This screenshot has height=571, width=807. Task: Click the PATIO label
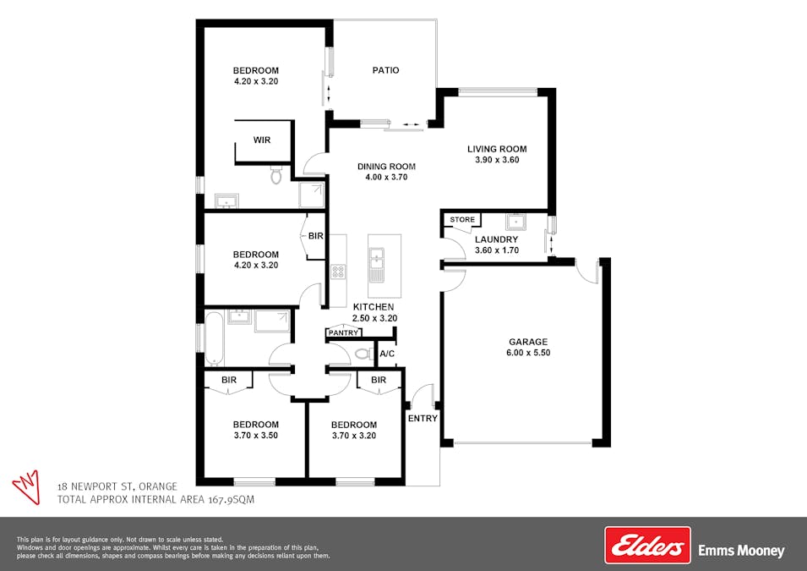(x=385, y=70)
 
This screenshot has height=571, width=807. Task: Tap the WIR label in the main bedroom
(x=262, y=140)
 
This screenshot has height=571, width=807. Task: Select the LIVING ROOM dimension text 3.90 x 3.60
(x=497, y=160)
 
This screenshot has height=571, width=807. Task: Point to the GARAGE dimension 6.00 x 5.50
(x=528, y=353)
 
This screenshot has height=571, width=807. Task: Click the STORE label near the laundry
(x=462, y=220)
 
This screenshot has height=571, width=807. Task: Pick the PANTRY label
(x=343, y=333)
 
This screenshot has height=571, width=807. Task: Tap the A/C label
(x=387, y=354)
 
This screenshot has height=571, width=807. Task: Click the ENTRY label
(x=423, y=419)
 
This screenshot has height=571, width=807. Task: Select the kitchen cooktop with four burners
(x=338, y=272)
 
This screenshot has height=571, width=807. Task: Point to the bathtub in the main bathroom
(x=214, y=338)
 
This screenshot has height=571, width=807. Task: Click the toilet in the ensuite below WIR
(x=276, y=174)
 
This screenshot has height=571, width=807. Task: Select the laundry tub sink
(x=515, y=222)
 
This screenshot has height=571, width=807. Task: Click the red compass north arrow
(x=27, y=486)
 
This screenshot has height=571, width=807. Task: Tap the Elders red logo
(x=647, y=545)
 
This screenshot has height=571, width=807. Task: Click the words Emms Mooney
(x=741, y=551)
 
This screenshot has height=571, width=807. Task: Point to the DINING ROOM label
(x=386, y=167)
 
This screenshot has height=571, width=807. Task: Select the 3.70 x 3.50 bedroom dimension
(x=256, y=436)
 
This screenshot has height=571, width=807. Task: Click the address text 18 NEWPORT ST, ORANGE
(x=117, y=486)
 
